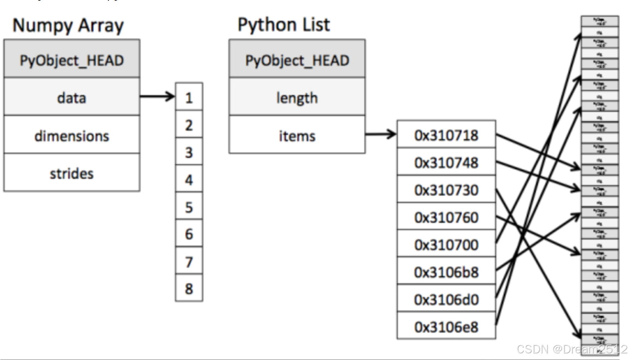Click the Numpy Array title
(x=68, y=26)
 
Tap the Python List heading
(x=283, y=25)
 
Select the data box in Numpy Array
(x=72, y=97)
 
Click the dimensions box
(x=72, y=135)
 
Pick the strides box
(x=72, y=173)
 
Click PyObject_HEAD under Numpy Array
(x=72, y=60)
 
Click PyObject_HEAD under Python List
(x=297, y=60)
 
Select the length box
(x=297, y=97)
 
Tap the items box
(x=297, y=135)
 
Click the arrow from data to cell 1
(x=157, y=96)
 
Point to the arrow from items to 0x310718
(x=380, y=134)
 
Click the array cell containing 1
(x=189, y=97)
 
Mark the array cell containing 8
(x=189, y=288)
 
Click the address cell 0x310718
(x=446, y=135)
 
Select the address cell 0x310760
(x=446, y=217)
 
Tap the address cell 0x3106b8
(x=446, y=271)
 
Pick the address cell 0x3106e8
(x=446, y=326)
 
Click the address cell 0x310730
(x=446, y=190)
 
